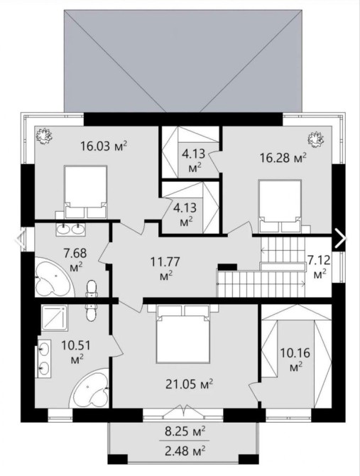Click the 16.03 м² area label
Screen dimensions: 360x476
click(103, 146)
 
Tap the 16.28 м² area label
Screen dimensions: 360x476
click(283, 158)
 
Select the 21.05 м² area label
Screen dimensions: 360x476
click(189, 384)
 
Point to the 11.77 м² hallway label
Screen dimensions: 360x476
click(165, 268)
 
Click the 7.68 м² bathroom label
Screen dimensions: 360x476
click(75, 260)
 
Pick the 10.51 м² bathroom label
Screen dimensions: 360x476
click(76, 352)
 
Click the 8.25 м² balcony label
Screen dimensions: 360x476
click(185, 431)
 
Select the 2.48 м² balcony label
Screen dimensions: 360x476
click(185, 450)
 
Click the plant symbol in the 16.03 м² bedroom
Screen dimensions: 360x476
click(44, 136)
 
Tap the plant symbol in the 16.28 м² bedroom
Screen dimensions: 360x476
click(316, 139)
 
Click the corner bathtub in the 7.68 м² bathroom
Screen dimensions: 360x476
click(55, 278)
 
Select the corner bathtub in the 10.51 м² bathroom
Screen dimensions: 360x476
click(89, 388)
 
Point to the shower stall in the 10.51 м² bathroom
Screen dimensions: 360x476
click(54, 318)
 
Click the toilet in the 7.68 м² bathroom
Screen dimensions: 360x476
click(91, 288)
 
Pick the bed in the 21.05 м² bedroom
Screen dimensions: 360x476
click(183, 334)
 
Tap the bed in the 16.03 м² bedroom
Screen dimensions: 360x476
click(85, 192)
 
